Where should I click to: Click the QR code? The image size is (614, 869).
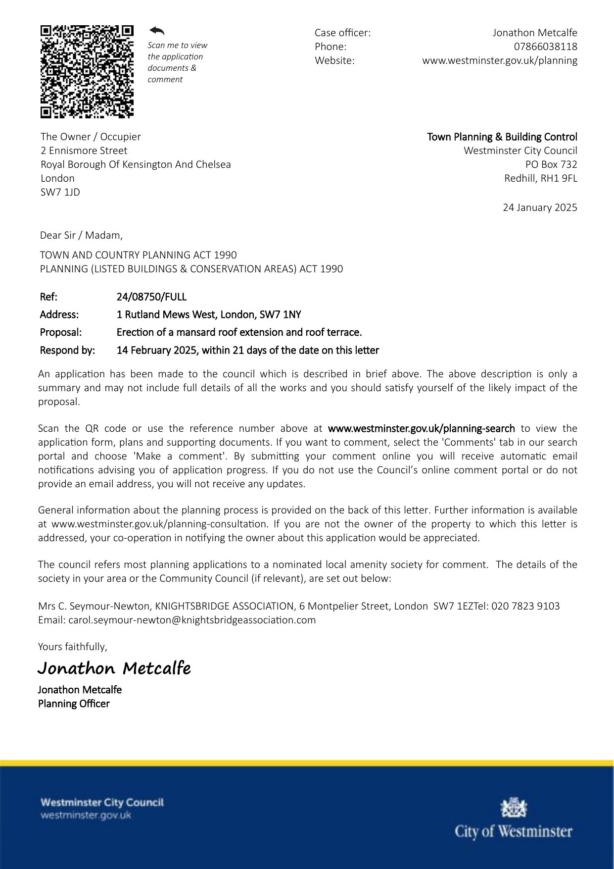click(87, 72)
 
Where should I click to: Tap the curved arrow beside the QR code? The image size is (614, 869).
click(157, 31)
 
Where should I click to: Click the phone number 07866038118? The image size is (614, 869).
click(545, 47)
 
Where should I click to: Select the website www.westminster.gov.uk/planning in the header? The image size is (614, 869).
click(499, 60)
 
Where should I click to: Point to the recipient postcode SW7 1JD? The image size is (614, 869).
click(60, 192)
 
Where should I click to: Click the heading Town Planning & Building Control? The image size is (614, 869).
click(502, 137)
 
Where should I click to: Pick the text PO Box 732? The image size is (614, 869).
click(551, 164)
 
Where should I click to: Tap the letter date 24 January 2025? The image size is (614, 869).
click(540, 207)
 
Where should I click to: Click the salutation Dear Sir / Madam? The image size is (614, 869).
click(81, 235)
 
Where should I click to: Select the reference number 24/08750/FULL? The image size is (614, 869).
click(151, 297)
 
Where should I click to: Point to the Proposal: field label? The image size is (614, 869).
click(61, 332)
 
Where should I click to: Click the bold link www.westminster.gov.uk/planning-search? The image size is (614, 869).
click(421, 428)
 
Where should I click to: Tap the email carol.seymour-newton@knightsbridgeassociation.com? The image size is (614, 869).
click(192, 620)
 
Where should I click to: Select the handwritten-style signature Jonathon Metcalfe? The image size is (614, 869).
click(114, 668)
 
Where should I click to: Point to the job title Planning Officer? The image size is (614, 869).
click(74, 704)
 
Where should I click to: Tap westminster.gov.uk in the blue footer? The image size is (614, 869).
click(86, 815)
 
